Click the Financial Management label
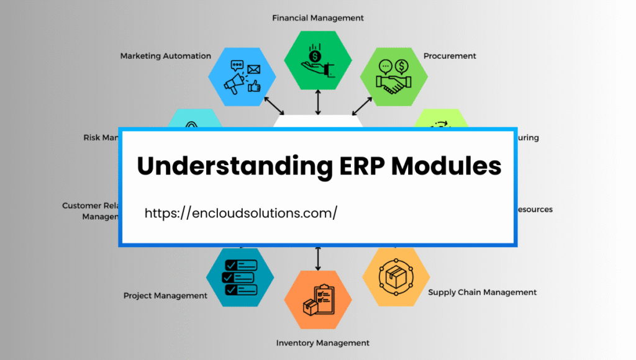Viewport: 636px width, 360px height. pyautogui.click(x=318, y=18)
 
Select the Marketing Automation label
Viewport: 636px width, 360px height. pyautogui.click(x=165, y=56)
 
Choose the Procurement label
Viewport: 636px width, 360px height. pyautogui.click(x=450, y=56)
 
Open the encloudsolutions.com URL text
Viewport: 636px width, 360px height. pyautogui.click(x=241, y=213)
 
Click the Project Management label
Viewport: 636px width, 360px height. pyautogui.click(x=165, y=295)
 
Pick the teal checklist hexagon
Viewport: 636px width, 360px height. pyautogui.click(x=240, y=272)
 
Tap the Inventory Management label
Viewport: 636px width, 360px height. pyautogui.click(x=322, y=343)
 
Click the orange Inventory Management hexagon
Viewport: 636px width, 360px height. pyautogui.click(x=318, y=300)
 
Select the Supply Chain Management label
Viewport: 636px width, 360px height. pyautogui.click(x=482, y=292)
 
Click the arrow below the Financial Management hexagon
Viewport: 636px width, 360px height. pyautogui.click(x=318, y=102)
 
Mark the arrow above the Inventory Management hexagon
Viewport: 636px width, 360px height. pyautogui.click(x=318, y=258)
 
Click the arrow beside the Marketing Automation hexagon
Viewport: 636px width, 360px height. pyautogui.click(x=274, y=106)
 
